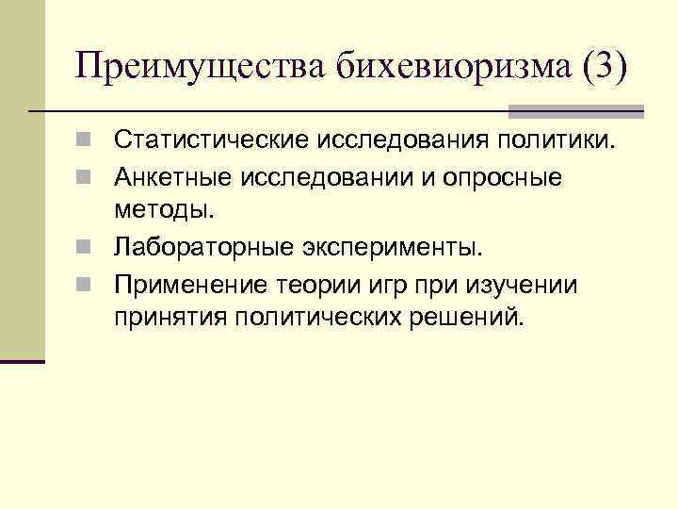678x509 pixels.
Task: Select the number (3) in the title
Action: [x=603, y=68]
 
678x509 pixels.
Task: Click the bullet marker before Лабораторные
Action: [x=84, y=248]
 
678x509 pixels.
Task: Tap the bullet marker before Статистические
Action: [x=84, y=142]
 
